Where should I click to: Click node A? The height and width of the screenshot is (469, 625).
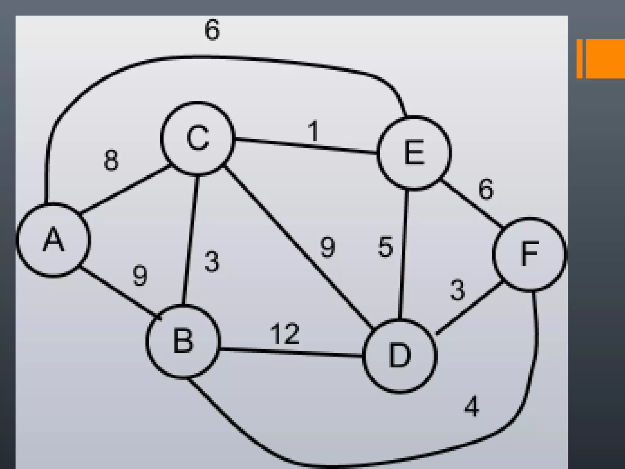coord(53,240)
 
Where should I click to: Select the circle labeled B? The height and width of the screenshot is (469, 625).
coord(183,341)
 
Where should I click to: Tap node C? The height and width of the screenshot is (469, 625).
coord(198,138)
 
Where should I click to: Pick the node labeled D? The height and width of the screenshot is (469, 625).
coord(400,355)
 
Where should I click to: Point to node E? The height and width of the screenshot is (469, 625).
coord(414,153)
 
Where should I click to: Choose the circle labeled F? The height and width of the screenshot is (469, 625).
coord(529,254)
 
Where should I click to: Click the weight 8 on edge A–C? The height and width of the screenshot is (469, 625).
coord(111,160)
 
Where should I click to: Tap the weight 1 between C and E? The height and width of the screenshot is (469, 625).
coord(313,131)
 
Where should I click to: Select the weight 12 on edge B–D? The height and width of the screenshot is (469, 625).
coord(285,333)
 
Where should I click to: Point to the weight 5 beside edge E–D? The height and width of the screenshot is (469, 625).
coord(385,247)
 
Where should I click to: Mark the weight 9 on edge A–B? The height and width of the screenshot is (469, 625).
coord(140,276)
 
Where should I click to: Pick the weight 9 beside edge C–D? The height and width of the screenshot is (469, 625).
coord(328,247)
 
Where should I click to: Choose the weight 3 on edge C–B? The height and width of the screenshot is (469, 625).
coord(212,261)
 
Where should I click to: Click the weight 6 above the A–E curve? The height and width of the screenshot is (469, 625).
coord(212,30)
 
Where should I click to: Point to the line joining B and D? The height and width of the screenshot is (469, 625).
coord(291,352)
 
